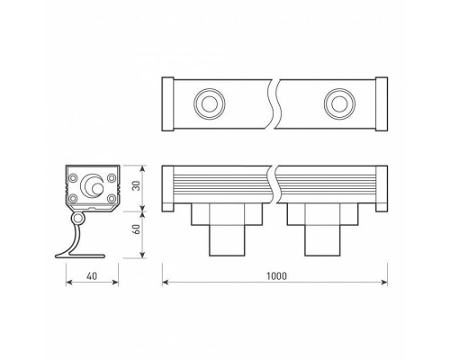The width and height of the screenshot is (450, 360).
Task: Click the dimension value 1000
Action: coord(276,275)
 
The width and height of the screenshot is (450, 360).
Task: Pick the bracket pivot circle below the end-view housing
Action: coord(79,219)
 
